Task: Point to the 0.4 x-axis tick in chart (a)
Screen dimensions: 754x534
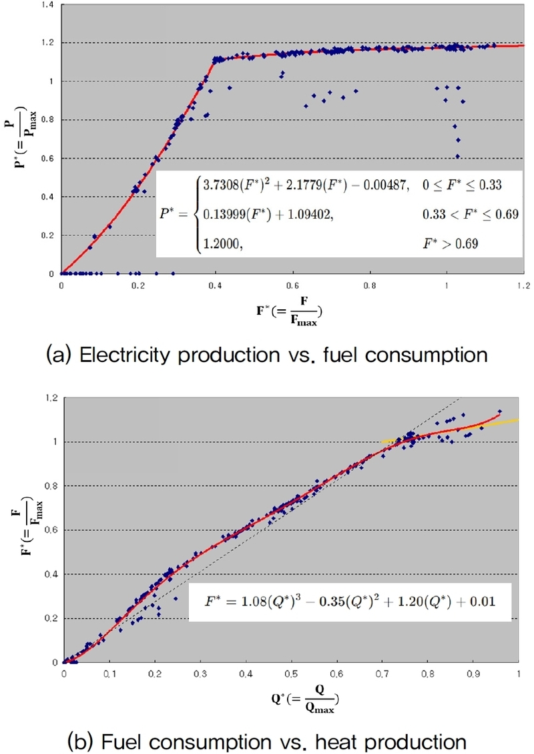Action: point(216,285)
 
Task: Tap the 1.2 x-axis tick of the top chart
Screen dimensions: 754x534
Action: point(523,285)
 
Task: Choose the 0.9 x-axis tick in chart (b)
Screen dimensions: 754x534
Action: point(473,673)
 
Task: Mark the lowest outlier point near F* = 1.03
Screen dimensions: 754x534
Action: point(457,156)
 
